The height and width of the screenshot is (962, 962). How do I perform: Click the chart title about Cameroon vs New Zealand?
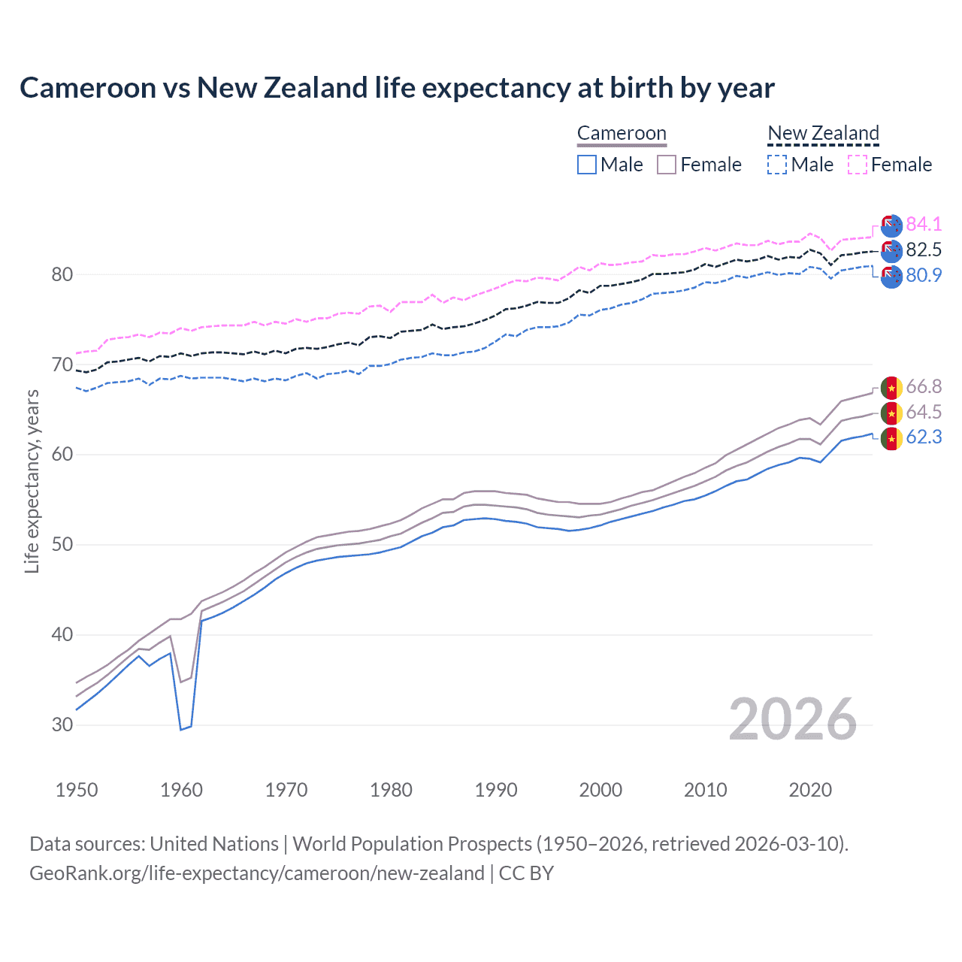click(x=397, y=88)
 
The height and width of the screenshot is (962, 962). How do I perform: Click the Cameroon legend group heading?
click(x=622, y=134)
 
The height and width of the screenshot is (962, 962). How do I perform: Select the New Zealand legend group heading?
click(x=823, y=134)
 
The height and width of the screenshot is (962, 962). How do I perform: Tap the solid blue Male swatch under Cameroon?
click(x=587, y=165)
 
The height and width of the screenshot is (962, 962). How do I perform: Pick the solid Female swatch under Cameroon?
click(x=667, y=165)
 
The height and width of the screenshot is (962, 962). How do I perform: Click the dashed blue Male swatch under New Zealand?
click(x=777, y=165)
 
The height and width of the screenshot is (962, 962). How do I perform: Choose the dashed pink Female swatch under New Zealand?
click(x=858, y=165)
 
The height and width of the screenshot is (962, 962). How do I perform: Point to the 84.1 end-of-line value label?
click(x=924, y=224)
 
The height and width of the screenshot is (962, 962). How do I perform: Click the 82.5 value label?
click(x=924, y=250)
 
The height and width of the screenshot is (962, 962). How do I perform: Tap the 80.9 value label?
click(x=924, y=275)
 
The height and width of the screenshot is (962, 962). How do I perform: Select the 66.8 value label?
click(x=924, y=386)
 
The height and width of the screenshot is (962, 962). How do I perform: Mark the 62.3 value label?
click(x=924, y=437)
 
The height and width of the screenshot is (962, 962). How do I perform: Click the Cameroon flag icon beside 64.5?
click(x=891, y=413)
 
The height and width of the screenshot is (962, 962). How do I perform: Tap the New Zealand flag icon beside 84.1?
click(x=891, y=225)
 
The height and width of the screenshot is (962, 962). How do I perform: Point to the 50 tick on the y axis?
click(x=62, y=545)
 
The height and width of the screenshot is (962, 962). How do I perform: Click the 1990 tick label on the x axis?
click(x=496, y=790)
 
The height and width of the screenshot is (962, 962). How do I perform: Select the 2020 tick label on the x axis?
click(x=810, y=790)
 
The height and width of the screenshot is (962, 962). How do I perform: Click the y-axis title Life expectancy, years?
click(x=32, y=481)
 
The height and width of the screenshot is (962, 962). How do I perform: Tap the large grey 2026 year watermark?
click(x=793, y=719)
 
